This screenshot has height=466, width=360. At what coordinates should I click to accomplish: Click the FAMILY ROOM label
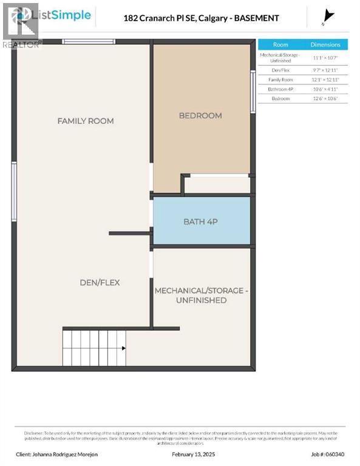pyautogui.click(x=86, y=121)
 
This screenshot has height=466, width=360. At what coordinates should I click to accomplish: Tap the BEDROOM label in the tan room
pyautogui.click(x=200, y=115)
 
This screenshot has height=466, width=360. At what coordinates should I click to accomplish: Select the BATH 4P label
pyautogui.click(x=200, y=221)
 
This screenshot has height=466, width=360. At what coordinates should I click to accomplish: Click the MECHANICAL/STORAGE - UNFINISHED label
pyautogui.click(x=201, y=295)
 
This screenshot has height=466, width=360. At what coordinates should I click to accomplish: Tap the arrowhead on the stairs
pyautogui.click(x=123, y=348)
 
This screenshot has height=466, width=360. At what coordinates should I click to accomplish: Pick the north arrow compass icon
pyautogui.click(x=328, y=17)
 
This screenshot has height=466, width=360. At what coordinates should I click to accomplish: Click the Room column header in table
pyautogui.click(x=280, y=44)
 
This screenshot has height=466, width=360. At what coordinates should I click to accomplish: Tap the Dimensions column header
pyautogui.click(x=325, y=44)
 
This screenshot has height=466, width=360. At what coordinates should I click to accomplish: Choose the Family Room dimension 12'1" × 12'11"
pyautogui.click(x=325, y=79)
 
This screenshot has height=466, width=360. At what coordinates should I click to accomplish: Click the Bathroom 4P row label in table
pyautogui.click(x=280, y=89)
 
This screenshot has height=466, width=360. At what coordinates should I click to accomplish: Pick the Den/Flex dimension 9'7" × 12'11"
pyautogui.click(x=325, y=70)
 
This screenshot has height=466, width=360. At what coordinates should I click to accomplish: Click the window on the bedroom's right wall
pyautogui.click(x=253, y=91)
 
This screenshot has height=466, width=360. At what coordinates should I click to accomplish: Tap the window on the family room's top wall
pyautogui.click(x=89, y=41)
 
